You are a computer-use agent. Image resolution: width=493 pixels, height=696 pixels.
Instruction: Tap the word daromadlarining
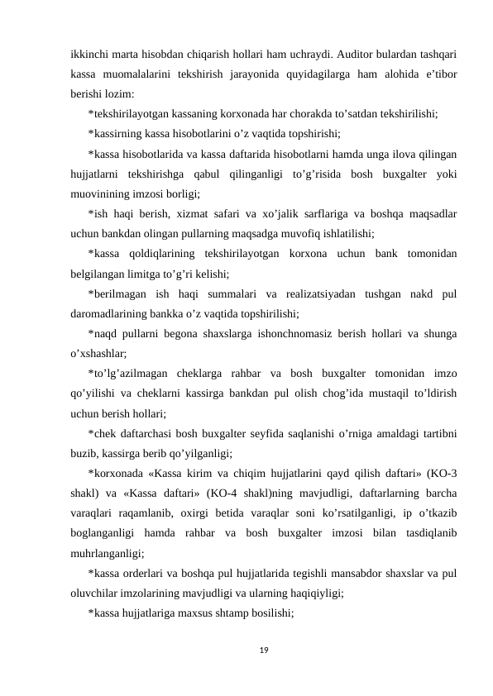[x=110, y=313]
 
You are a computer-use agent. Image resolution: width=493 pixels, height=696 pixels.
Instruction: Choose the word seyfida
[x=273, y=432]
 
